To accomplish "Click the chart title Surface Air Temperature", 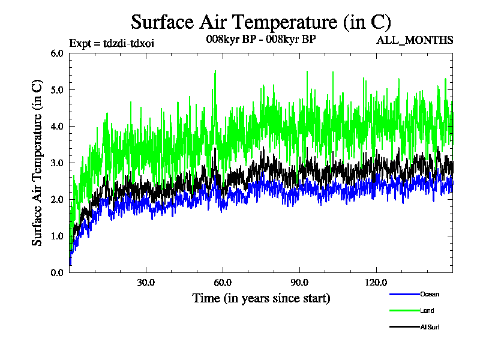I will click(x=261, y=22).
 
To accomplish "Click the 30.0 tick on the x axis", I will click(x=146, y=283).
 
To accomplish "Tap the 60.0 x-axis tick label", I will click(x=223, y=283).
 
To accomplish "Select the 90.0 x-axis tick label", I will click(x=299, y=283).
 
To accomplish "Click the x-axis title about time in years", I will click(x=261, y=298).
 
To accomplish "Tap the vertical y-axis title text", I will click(x=37, y=163).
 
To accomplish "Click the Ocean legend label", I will click(x=429, y=294).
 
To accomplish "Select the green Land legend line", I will click(x=403, y=311).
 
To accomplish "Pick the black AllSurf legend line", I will click(x=403, y=327).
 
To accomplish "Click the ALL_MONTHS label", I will click(x=415, y=41).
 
